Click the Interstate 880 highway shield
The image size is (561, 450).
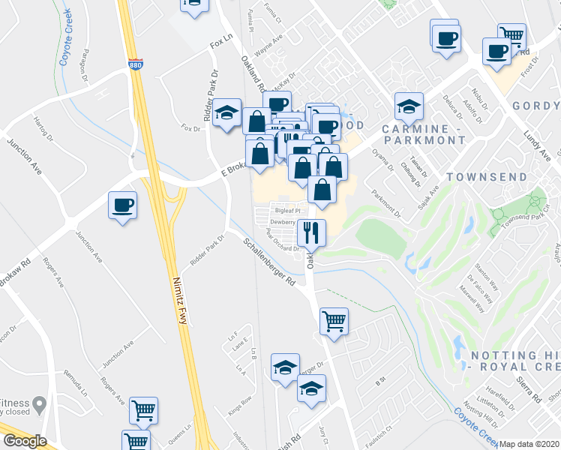coord(135,65)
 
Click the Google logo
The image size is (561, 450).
coord(24,442)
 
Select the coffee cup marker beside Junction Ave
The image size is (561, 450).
coord(123,205)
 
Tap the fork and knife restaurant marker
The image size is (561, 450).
coord(311,232)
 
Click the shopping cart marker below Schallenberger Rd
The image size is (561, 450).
coord(334,321)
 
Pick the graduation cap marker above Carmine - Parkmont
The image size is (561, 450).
coord(409,106)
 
